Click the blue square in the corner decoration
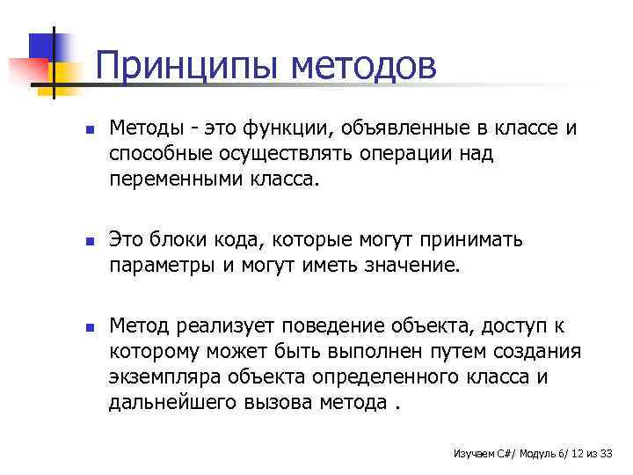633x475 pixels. [45, 43]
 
